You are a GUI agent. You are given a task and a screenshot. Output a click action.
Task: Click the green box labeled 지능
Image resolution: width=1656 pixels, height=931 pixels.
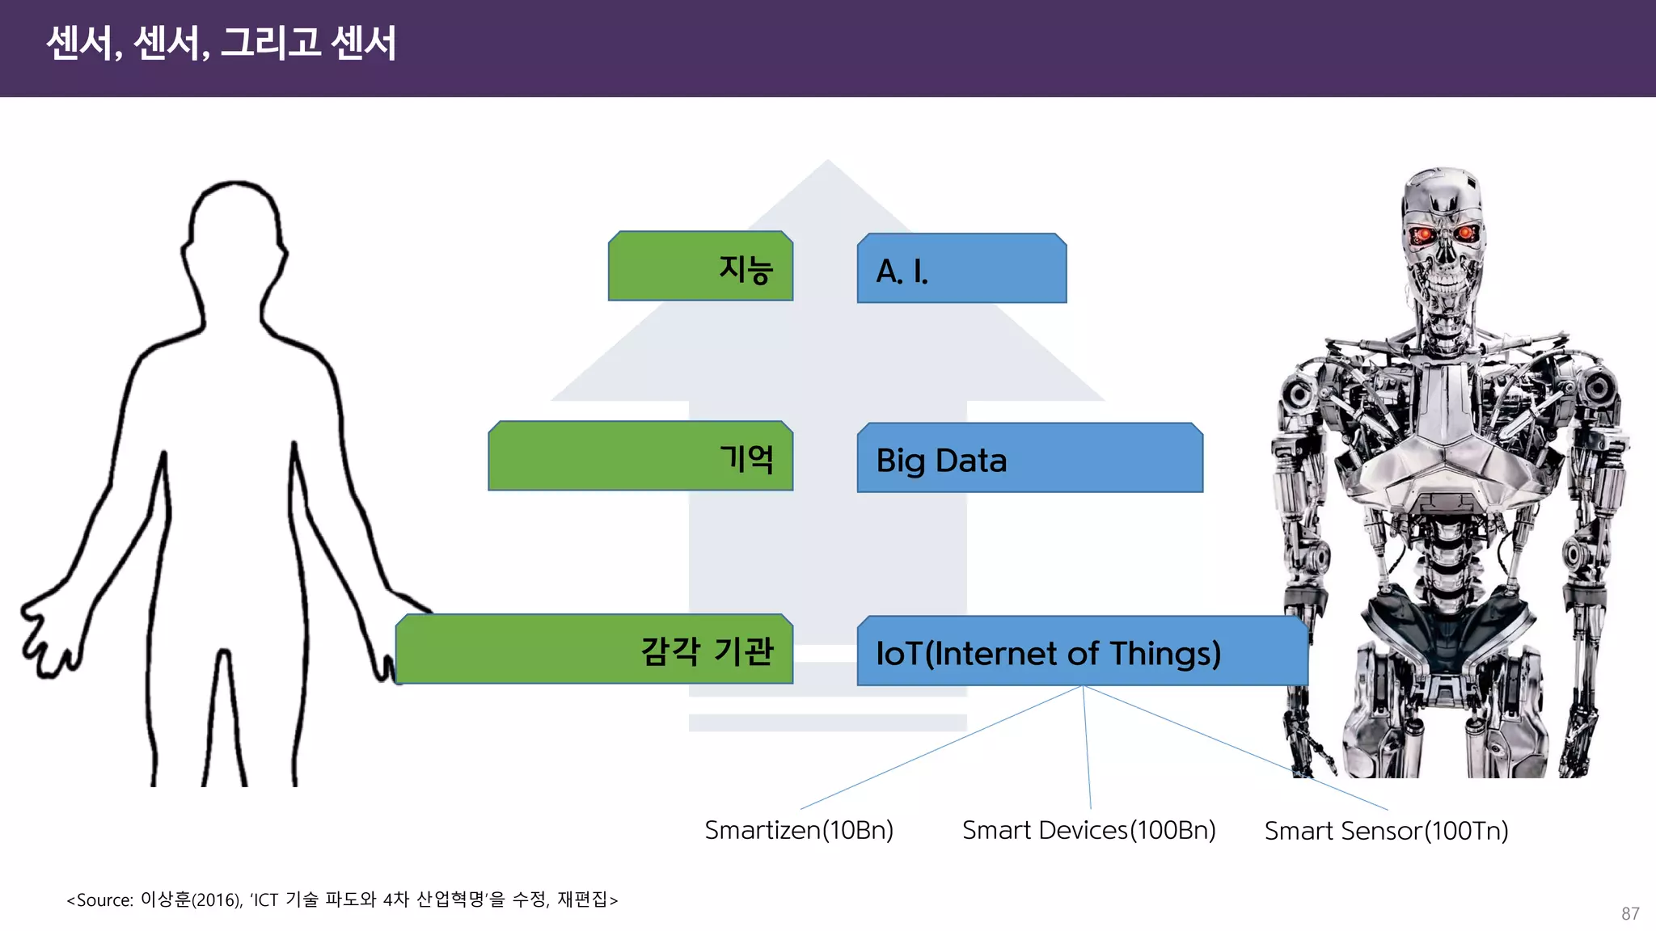tap(700, 267)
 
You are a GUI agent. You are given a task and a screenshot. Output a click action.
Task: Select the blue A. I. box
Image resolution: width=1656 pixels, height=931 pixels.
tap(961, 269)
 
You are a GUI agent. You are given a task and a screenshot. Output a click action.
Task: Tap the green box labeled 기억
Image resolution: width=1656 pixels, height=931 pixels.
tap(640, 457)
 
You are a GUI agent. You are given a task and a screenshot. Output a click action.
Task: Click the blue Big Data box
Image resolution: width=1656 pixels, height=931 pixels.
tap(1029, 458)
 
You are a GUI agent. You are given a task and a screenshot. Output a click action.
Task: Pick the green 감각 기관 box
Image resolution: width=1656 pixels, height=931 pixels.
tap(594, 650)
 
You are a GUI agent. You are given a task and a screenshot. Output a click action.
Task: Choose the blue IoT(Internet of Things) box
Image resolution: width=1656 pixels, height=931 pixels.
tap(1082, 651)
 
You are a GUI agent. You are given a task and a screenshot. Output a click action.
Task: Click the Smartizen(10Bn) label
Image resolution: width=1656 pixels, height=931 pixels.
tap(799, 830)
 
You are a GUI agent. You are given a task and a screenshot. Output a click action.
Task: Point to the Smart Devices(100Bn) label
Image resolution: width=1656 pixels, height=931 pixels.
tap(1088, 830)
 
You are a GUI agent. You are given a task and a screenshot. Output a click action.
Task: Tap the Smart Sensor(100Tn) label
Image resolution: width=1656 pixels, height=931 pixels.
tap(1386, 831)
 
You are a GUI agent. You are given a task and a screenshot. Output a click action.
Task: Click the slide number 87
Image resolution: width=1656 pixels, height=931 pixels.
tap(1630, 913)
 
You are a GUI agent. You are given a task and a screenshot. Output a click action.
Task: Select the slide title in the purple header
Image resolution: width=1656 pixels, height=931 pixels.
tap(221, 43)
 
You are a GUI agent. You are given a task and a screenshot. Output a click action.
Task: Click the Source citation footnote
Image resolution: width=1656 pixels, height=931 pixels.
tap(342, 899)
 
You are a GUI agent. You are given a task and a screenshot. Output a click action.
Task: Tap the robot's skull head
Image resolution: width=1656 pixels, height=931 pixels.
tap(1444, 234)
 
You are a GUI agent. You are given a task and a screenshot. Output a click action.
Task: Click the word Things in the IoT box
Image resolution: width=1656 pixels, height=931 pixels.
tap(1164, 653)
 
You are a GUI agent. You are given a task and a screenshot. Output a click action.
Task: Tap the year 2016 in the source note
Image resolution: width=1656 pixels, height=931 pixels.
tap(216, 900)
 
